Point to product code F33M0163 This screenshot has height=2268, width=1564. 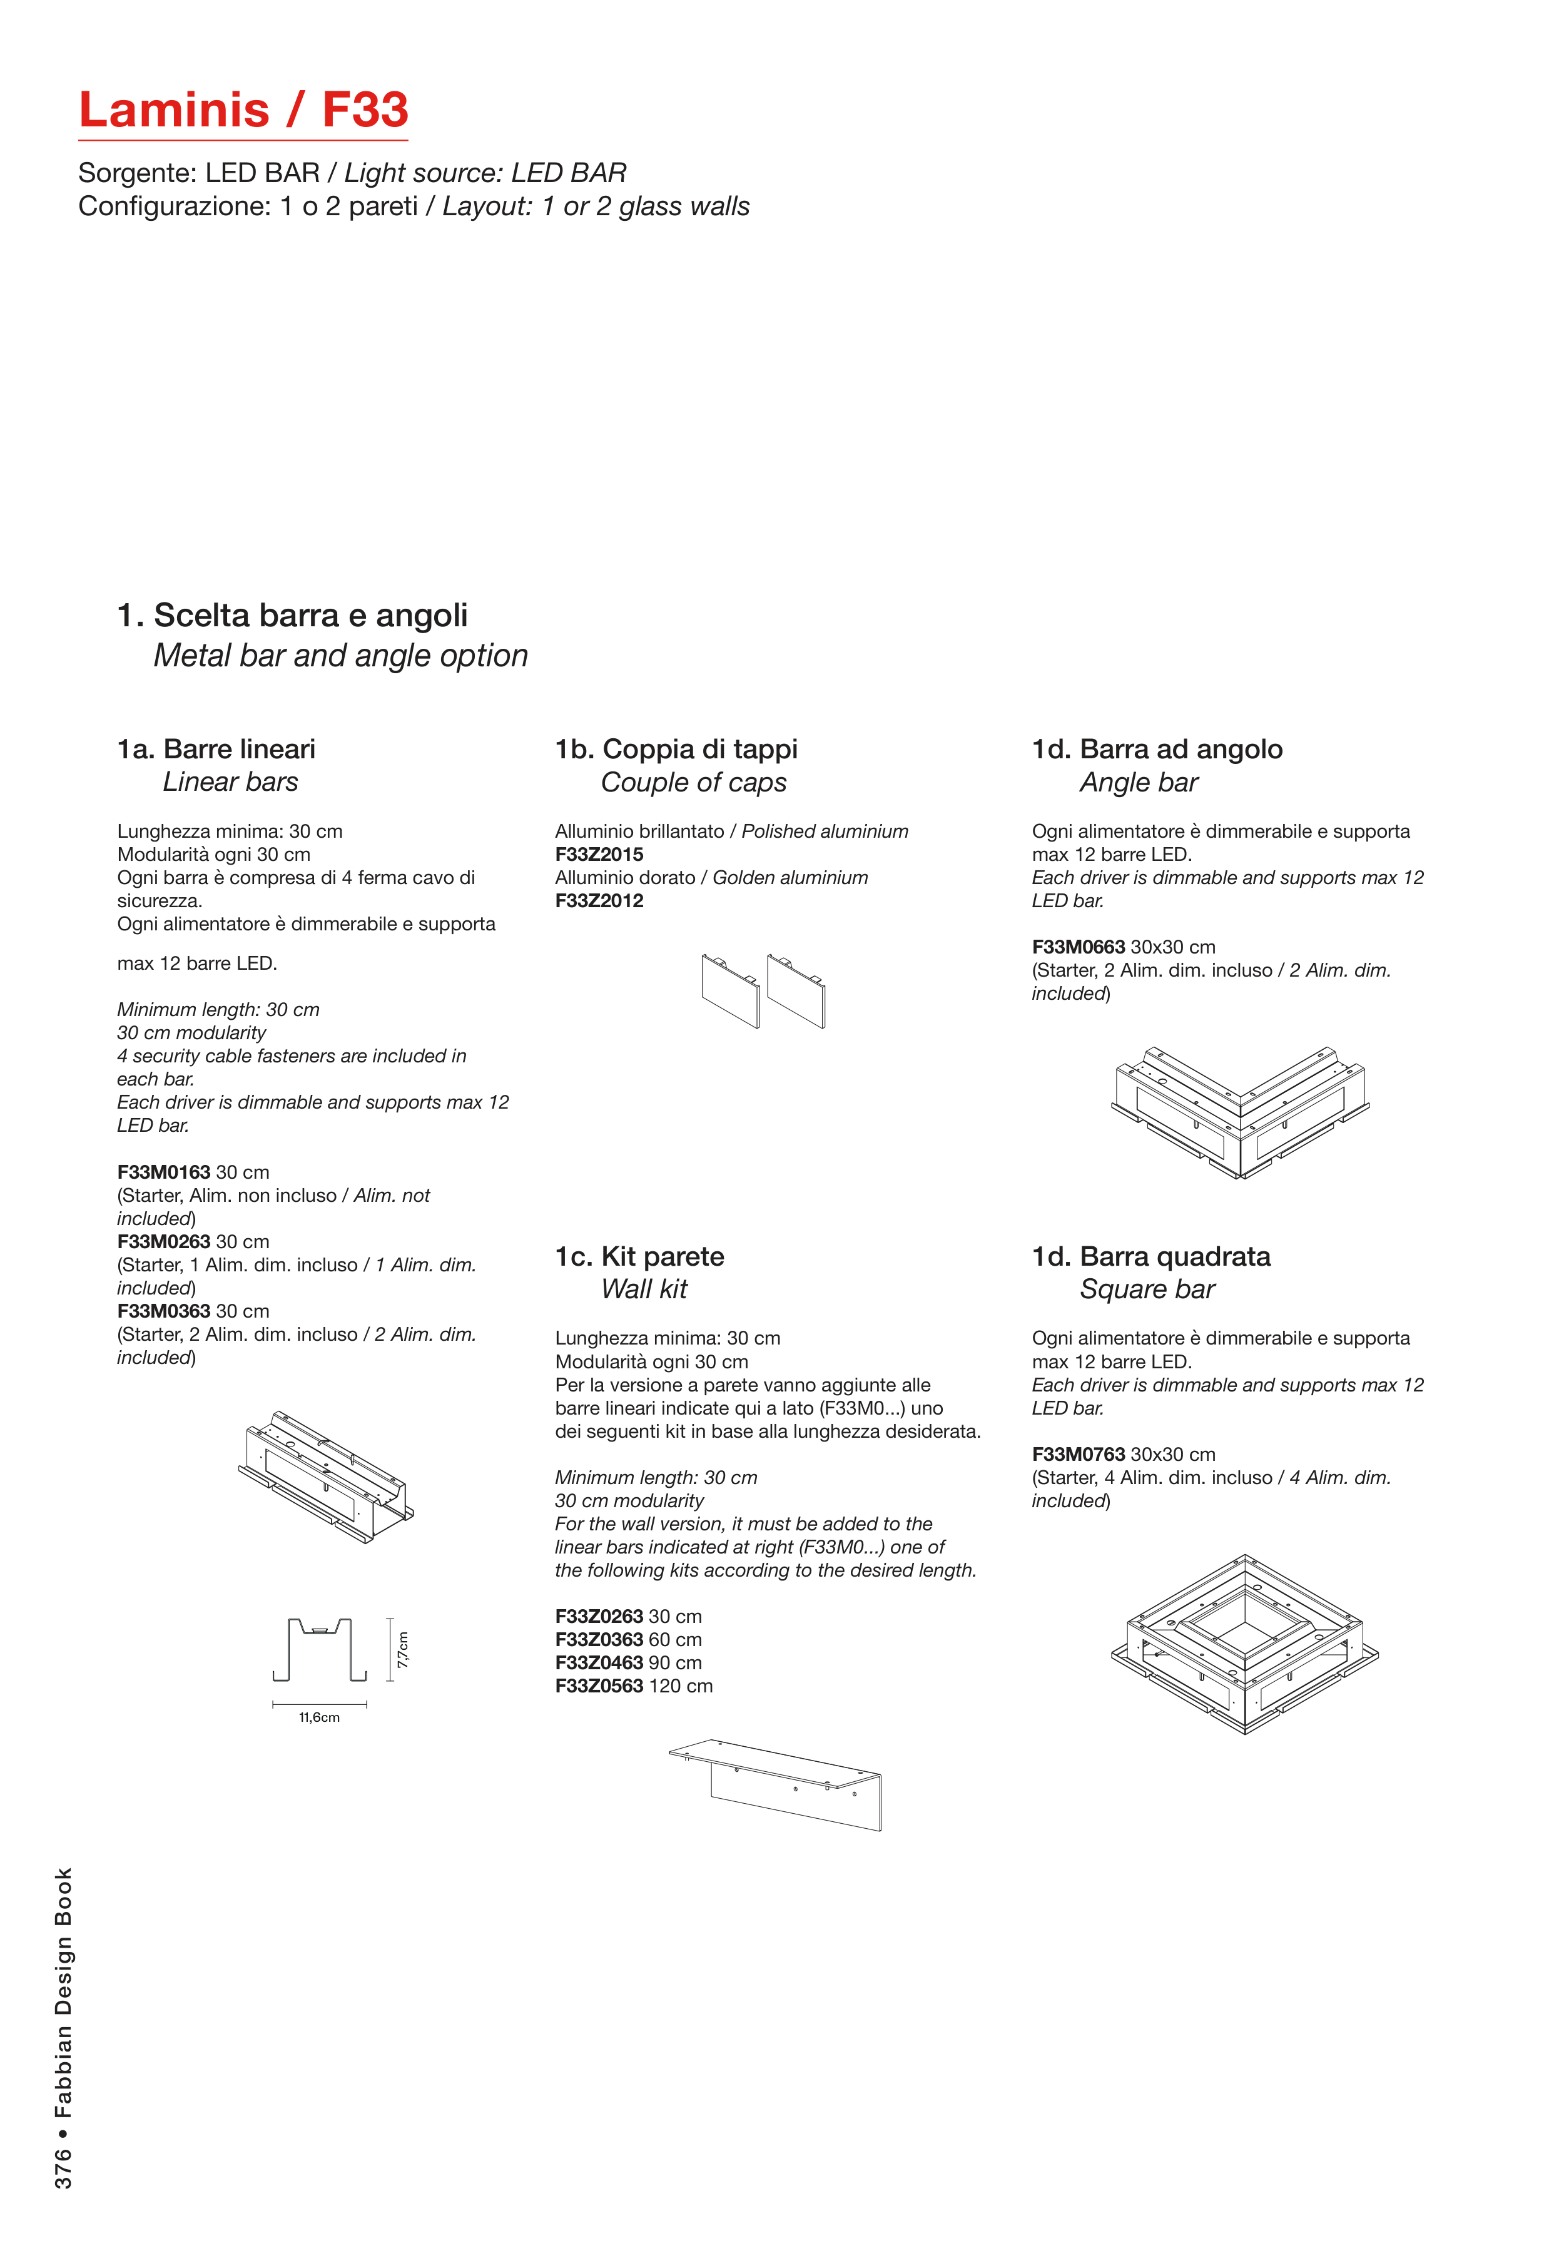pos(164,1172)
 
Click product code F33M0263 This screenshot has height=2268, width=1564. pos(164,1242)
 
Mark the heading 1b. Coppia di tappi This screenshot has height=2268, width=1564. pos(676,749)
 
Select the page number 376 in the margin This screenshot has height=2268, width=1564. pos(63,2168)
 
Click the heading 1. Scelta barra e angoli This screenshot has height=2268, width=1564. pos(292,616)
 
